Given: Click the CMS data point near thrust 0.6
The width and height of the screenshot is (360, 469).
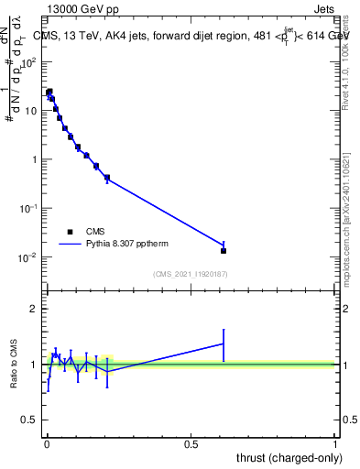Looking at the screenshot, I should coord(224,250).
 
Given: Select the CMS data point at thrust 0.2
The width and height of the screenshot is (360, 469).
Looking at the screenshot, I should coord(107,178).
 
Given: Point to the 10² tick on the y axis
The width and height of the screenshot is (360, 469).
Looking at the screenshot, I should coord(29,62).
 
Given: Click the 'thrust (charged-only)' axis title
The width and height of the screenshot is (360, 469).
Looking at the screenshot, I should coord(289,458).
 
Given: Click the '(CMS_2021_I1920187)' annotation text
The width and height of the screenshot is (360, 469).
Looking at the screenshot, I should coord(191,274).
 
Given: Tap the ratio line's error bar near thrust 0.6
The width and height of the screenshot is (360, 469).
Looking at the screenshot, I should coord(224,344).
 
